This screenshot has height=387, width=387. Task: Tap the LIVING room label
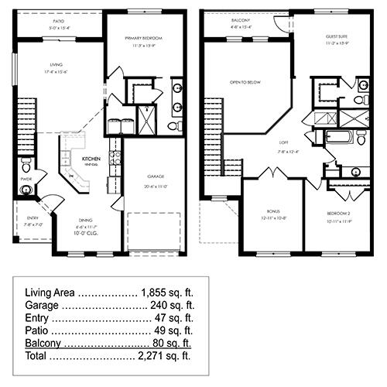click(55, 65)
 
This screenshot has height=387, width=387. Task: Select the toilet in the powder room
click(26, 166)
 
